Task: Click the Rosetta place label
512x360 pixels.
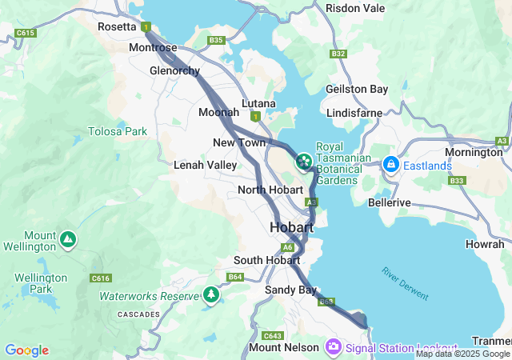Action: (118, 26)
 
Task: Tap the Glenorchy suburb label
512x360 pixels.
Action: (174, 70)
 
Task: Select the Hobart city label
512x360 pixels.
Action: (291, 227)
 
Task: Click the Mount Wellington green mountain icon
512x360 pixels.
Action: (68, 238)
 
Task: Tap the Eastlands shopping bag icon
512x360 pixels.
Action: (391, 164)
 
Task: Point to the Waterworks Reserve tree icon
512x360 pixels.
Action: (211, 295)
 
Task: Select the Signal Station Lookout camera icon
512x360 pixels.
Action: (334, 347)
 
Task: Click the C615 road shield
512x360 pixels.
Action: (26, 33)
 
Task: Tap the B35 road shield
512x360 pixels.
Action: (215, 40)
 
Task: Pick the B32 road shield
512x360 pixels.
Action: (338, 54)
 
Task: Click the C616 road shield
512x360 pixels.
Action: (101, 278)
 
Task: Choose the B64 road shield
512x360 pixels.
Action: (234, 277)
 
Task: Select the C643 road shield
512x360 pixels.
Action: (274, 335)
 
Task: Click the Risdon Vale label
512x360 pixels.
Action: (355, 8)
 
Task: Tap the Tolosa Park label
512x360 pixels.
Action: (118, 130)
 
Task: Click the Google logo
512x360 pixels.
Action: (26, 350)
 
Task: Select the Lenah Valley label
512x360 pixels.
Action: (205, 165)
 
